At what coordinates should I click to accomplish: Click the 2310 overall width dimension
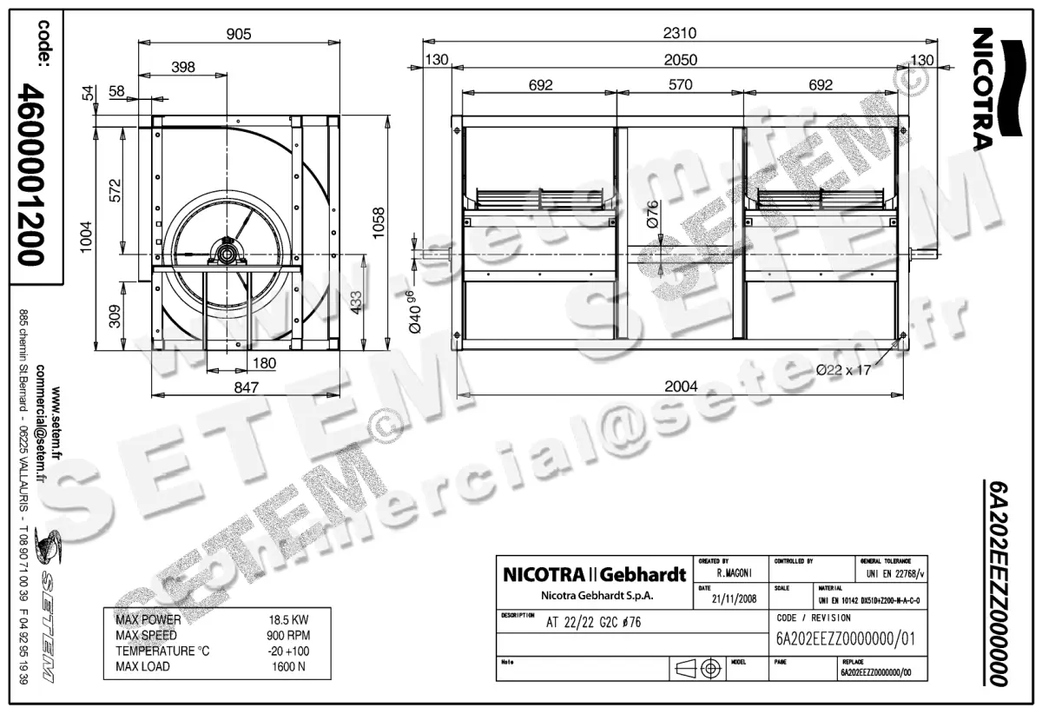681,33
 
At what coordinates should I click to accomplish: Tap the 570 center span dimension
680,84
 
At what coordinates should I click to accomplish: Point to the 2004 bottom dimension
681,387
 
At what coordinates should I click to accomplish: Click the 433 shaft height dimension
357,301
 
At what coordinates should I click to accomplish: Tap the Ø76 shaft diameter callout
654,212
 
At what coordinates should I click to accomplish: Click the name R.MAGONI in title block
734,573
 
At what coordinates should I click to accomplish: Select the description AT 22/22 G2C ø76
594,623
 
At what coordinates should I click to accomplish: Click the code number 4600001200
32,174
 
